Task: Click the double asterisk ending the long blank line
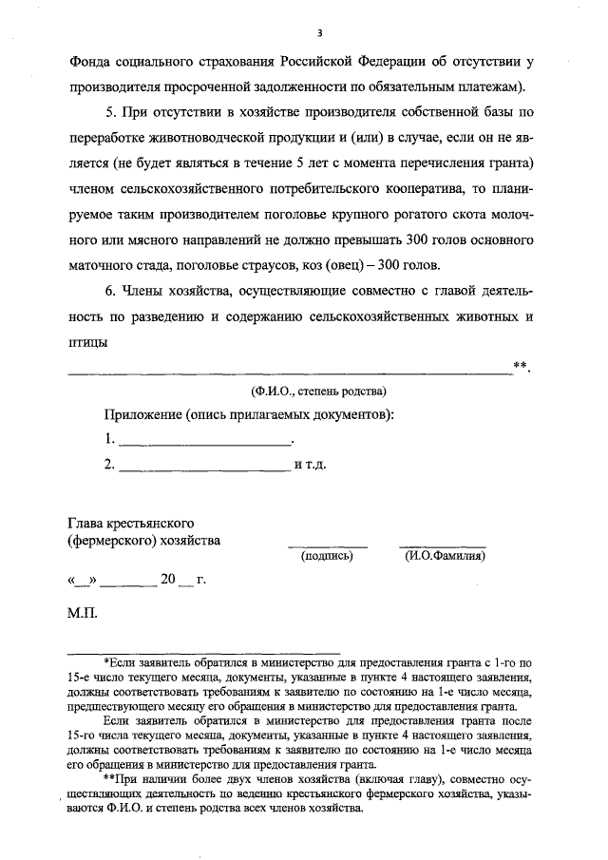(x=518, y=365)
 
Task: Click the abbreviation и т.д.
(x=311, y=465)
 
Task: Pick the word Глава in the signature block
(x=86, y=523)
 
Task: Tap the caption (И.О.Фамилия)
(x=441, y=556)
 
